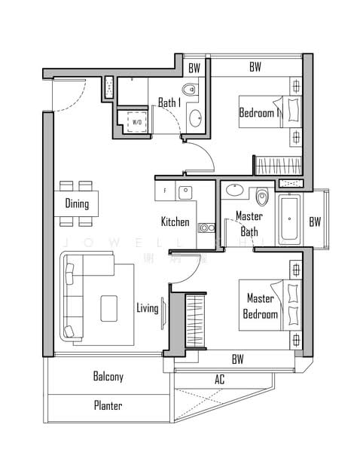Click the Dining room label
[x=77, y=203]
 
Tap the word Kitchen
[x=175, y=222]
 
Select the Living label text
[x=147, y=307]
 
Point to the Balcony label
[x=108, y=376]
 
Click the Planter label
[x=108, y=405]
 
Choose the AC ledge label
[x=220, y=380]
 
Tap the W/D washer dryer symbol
[x=137, y=122]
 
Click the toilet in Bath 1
[x=189, y=90]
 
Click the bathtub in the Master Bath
[x=290, y=220]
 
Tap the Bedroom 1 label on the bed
[x=260, y=113]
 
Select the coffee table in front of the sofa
[x=109, y=305]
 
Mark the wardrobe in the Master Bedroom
[x=195, y=320]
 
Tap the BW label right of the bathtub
[x=314, y=221]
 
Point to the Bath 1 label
[x=169, y=103]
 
